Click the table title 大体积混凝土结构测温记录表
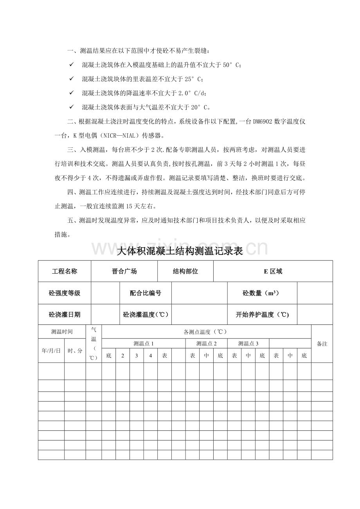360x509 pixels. (180, 251)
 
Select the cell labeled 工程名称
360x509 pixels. (65, 271)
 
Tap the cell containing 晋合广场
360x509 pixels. (124, 271)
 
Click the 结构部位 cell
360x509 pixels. (185, 271)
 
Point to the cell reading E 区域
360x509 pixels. (273, 271)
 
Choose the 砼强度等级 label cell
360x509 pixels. (65, 293)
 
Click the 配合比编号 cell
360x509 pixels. (146, 293)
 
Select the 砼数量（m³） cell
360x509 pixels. (262, 293)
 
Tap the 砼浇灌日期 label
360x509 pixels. (65, 315)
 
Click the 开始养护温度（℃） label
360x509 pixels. (262, 315)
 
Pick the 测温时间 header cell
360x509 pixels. (62, 332)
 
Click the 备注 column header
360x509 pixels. (322, 344)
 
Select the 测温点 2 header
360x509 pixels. (206, 344)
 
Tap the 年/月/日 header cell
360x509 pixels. (51, 351)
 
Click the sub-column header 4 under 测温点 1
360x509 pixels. (150, 356)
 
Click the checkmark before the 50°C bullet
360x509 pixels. (71, 65)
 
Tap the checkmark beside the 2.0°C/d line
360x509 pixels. (71, 93)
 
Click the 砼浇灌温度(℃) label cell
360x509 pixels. (146, 315)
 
